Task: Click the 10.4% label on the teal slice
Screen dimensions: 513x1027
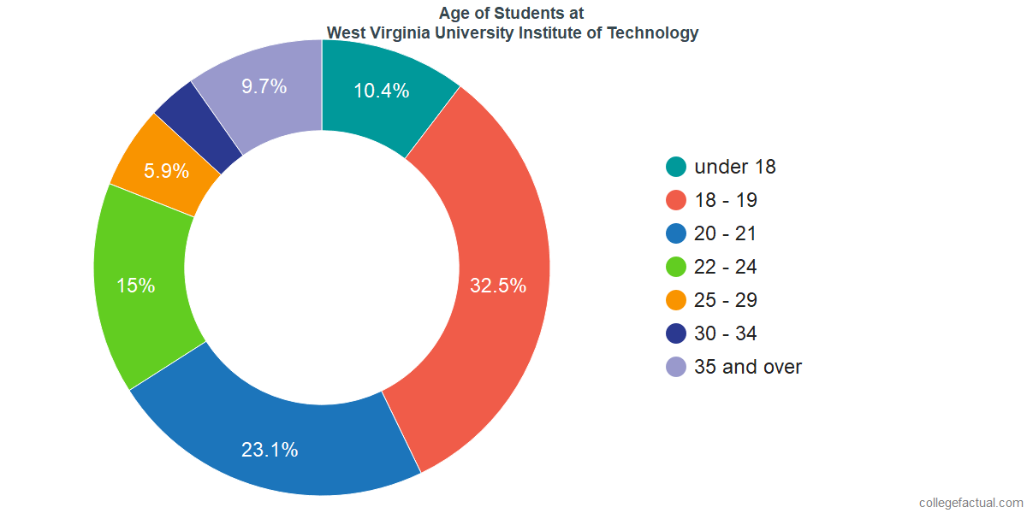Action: [381, 91]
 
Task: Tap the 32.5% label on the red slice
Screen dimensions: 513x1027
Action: [497, 286]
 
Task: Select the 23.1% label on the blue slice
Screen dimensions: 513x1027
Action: [270, 450]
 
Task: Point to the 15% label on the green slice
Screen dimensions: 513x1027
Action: [136, 286]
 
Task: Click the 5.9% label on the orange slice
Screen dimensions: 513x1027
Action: [166, 171]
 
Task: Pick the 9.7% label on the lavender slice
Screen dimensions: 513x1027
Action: [264, 86]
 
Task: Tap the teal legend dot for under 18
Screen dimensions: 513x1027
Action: [676, 168]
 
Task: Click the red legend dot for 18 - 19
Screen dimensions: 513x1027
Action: [676, 201]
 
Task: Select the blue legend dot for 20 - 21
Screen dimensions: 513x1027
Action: [676, 234]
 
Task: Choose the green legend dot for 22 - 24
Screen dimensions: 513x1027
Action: [676, 268]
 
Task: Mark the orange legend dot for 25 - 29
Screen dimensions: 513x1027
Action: [676, 301]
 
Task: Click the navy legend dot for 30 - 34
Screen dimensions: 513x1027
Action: [676, 334]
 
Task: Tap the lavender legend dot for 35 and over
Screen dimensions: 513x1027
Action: [676, 368]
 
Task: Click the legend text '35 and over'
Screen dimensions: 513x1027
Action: [748, 368]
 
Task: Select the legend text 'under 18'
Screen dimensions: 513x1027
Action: [735, 168]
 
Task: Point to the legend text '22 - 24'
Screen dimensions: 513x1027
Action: [726, 268]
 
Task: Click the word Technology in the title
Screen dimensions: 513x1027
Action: [656, 33]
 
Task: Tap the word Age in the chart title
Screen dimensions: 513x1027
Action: [454, 13]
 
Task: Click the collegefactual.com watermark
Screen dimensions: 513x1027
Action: [971, 503]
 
